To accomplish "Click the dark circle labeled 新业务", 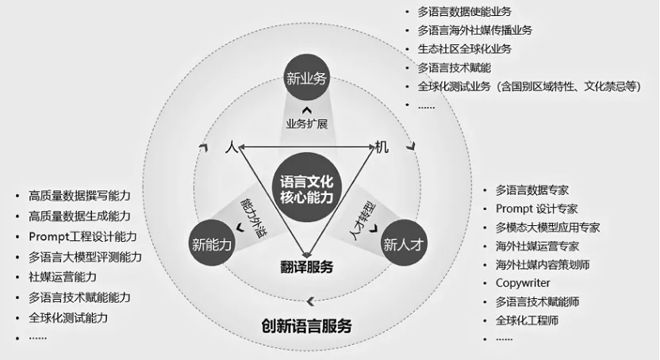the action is tap(306, 79).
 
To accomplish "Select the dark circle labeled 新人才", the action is tap(405, 243).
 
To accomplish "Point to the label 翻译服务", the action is tap(306, 266).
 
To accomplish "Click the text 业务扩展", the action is tap(306, 124).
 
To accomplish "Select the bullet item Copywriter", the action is tap(523, 283).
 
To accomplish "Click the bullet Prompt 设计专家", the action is tap(536, 209).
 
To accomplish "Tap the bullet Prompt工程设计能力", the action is tap(82, 236).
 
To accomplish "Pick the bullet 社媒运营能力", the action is tap(63, 277).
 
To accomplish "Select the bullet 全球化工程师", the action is tap(528, 320).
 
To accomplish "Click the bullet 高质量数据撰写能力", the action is tap(79, 195).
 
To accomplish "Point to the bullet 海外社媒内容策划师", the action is tap(542, 264).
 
